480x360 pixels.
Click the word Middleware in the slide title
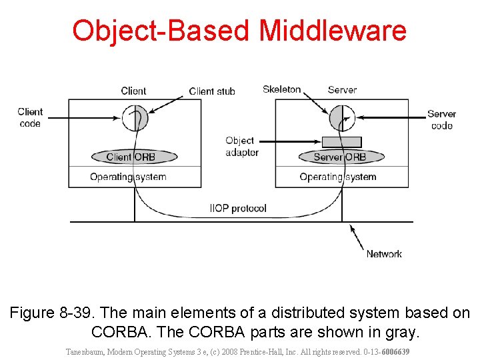pos(332,31)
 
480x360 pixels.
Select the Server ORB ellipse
pos(340,157)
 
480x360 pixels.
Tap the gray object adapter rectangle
pos(341,142)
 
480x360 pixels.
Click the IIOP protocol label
pos(238,209)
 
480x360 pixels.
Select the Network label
pos(384,254)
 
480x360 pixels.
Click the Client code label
pos(30,117)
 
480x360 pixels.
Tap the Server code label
pos(441,120)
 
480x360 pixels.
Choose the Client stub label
pos(212,91)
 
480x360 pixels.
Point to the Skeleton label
pos(281,89)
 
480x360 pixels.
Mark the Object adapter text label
pos(241,147)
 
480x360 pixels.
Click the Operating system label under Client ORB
pos(128,177)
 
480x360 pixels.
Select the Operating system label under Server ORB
pos(338,177)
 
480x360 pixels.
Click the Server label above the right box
pos(342,89)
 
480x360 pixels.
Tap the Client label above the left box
pos(133,91)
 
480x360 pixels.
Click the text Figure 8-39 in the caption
pos(50,313)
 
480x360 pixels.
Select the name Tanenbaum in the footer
pos(86,351)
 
